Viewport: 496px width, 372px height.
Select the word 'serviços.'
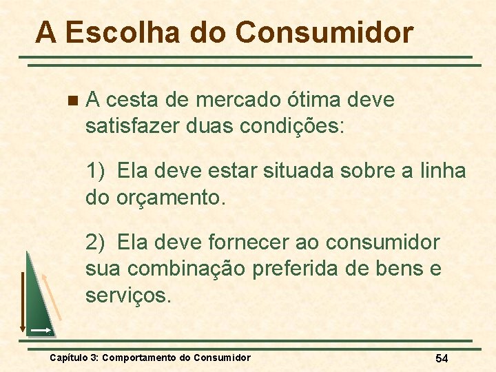click(127, 296)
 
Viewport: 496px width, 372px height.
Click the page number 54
click(442, 358)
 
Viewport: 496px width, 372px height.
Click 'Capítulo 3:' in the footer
click(74, 358)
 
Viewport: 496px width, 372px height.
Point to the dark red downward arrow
click(21, 303)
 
